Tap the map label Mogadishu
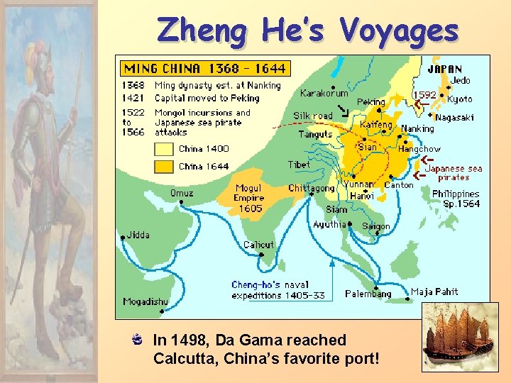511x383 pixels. [x=145, y=301]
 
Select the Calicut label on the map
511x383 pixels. [x=258, y=245]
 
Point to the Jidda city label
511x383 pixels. [x=138, y=235]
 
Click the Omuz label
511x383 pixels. [x=182, y=192]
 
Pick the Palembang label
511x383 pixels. [x=368, y=294]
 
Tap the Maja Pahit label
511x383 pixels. [x=434, y=292]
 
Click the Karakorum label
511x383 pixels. [x=324, y=93]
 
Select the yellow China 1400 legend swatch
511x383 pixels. [x=164, y=149]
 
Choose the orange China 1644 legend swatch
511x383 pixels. [x=164, y=167]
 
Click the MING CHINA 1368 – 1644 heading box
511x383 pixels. [x=204, y=68]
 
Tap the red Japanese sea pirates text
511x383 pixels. [x=454, y=173]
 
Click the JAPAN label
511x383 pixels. [x=444, y=70]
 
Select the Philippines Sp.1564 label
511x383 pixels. [x=456, y=199]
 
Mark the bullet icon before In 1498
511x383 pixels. [x=141, y=340]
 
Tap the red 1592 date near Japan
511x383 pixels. [x=424, y=95]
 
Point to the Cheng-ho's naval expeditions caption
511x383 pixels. [x=278, y=289]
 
